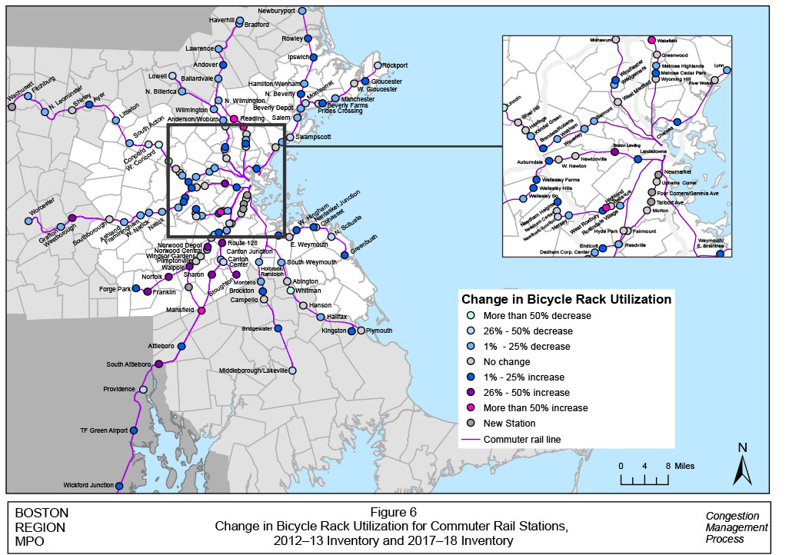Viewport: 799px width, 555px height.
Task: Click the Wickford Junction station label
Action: (x=88, y=485)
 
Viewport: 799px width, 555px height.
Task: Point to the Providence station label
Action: (x=118, y=389)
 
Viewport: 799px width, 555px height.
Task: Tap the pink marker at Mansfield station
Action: (x=201, y=311)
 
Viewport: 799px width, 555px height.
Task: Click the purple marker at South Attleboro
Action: (x=158, y=364)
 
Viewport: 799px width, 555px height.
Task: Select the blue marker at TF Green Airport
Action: (x=133, y=431)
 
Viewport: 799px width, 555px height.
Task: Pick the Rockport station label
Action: (x=395, y=65)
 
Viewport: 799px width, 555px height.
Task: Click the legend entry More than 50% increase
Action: (x=535, y=408)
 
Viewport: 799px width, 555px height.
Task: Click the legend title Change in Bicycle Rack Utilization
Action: (x=565, y=299)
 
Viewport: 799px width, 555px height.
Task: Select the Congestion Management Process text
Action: (x=736, y=527)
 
